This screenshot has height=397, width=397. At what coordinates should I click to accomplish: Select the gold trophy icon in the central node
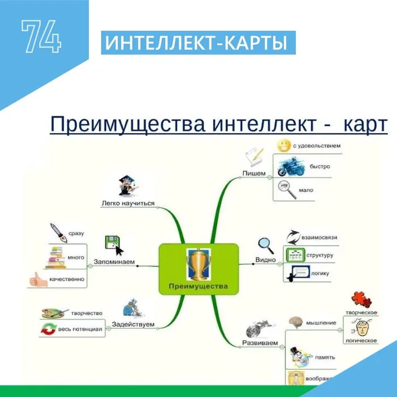pos(198,263)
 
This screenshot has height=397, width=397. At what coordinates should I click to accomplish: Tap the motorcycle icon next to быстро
pos(289,168)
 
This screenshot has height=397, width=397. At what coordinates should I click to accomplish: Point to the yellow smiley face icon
pos(284,146)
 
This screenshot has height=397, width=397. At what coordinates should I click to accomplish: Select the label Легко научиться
pos(128,203)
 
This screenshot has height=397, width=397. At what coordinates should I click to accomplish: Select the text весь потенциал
pos(79,329)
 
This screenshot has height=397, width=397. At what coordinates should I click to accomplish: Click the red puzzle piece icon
pos(357,299)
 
